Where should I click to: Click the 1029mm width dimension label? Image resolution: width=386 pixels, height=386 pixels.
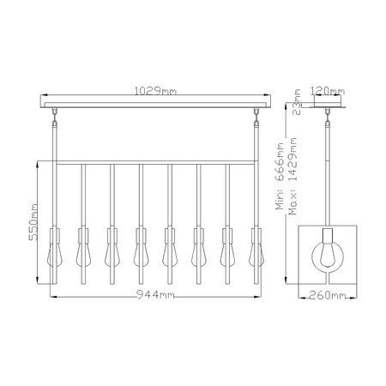(155, 91)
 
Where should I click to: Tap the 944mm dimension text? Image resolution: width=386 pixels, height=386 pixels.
(155, 294)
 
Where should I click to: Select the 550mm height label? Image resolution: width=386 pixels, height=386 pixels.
(33, 222)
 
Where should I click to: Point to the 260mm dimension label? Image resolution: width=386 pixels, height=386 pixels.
(328, 295)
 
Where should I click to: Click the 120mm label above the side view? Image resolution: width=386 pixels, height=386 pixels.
(328, 91)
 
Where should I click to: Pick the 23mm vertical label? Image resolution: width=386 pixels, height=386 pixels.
(298, 102)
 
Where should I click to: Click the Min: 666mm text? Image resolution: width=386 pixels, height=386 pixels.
(280, 176)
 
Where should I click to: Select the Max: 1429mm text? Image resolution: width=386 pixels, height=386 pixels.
(293, 176)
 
